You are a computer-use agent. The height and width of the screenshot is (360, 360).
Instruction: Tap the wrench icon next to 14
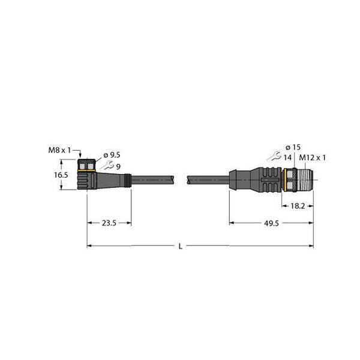pyautogui.click(x=276, y=157)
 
